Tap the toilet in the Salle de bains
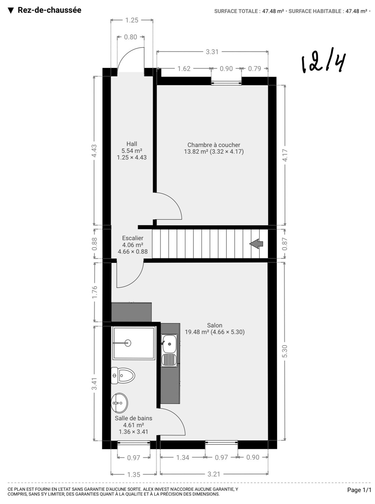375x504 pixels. (123, 376)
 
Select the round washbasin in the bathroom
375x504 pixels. (119, 403)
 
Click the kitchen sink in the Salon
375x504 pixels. (169, 350)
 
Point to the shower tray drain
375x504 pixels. (128, 343)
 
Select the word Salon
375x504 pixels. (215, 325)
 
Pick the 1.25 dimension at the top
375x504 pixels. (132, 20)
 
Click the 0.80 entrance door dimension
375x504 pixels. (131, 37)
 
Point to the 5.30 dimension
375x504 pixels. (285, 351)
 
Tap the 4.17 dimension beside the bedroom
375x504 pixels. (285, 155)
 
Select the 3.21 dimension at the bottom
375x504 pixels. (214, 474)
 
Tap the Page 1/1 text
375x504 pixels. (359, 490)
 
